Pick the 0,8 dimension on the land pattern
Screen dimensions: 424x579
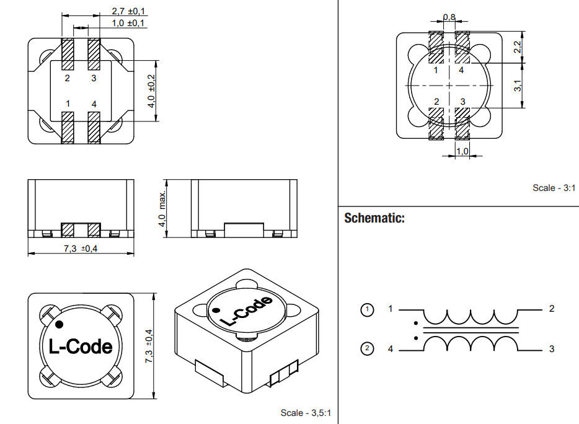pyautogui.click(x=449, y=17)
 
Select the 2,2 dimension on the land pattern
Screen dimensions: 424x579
pyautogui.click(x=518, y=47)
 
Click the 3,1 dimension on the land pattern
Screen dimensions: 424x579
pyautogui.click(x=518, y=87)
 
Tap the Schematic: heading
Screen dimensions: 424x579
pyautogui.click(x=374, y=218)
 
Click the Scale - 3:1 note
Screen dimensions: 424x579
pyautogui.click(x=554, y=187)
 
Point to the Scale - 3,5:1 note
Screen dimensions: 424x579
pyautogui.click(x=306, y=413)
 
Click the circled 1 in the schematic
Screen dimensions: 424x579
pyautogui.click(x=367, y=309)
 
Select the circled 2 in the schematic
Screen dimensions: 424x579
pyautogui.click(x=367, y=348)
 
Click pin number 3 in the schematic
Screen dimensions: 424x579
pyautogui.click(x=552, y=349)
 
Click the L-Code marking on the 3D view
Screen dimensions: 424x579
pyautogui.click(x=246, y=312)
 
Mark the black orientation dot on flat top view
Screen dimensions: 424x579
pyautogui.click(x=60, y=325)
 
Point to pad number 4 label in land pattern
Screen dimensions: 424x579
pyautogui.click(x=461, y=70)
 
